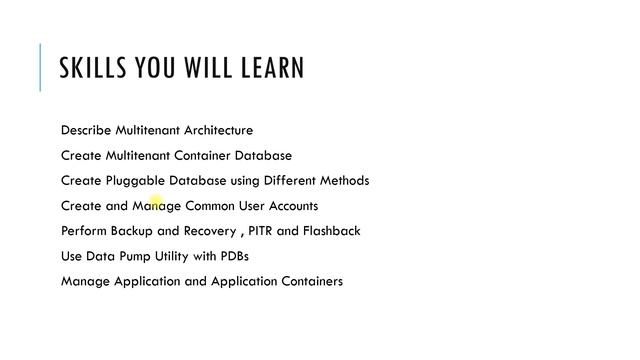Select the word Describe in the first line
[x=86, y=130]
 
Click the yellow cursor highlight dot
[x=155, y=204]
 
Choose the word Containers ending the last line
[x=305, y=281]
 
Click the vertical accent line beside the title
[x=40, y=68]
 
